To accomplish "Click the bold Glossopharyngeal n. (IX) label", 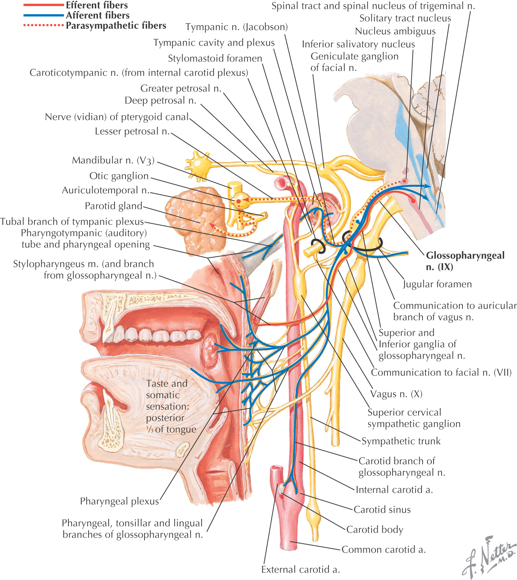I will [465, 261].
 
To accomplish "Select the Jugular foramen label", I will [437, 284].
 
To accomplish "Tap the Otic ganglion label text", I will [119, 176].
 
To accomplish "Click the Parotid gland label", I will [113, 206].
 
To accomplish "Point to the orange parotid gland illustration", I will [190, 220].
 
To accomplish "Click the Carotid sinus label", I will [382, 510].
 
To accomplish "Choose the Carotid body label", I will [375, 530].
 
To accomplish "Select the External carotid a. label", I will [300, 570].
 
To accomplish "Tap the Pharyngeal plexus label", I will [119, 501].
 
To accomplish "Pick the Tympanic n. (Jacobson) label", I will [236, 27].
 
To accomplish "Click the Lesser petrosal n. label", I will [132, 131].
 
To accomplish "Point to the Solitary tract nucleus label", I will [405, 18].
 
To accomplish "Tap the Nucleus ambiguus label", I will [395, 31].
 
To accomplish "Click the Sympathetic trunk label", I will [401, 441].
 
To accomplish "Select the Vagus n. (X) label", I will [396, 394].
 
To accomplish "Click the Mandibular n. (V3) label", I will [113, 160].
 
